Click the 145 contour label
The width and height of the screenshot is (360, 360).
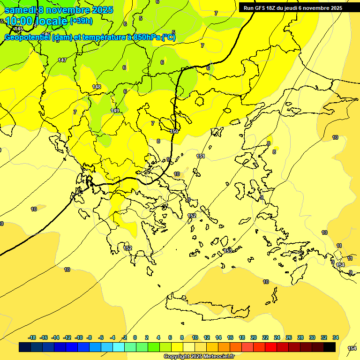point(19,29)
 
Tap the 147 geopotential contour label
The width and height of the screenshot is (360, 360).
point(62,60)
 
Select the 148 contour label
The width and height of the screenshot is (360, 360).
point(97,87)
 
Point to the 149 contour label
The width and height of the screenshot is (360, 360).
point(115,111)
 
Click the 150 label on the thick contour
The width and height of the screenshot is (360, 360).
point(174,131)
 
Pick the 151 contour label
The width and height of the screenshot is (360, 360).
point(201,156)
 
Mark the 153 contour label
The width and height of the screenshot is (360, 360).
point(228,251)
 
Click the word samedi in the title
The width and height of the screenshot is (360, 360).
point(21,10)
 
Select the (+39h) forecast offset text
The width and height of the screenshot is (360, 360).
point(81,21)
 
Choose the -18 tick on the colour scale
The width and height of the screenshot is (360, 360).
point(32,337)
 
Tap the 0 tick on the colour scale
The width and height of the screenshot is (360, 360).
point(135,337)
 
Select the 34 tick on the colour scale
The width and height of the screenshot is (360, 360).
point(336,337)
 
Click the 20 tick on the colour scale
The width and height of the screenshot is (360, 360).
point(254,337)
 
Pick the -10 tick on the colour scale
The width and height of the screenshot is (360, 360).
point(79,337)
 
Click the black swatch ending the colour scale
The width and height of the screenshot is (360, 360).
point(330,347)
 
